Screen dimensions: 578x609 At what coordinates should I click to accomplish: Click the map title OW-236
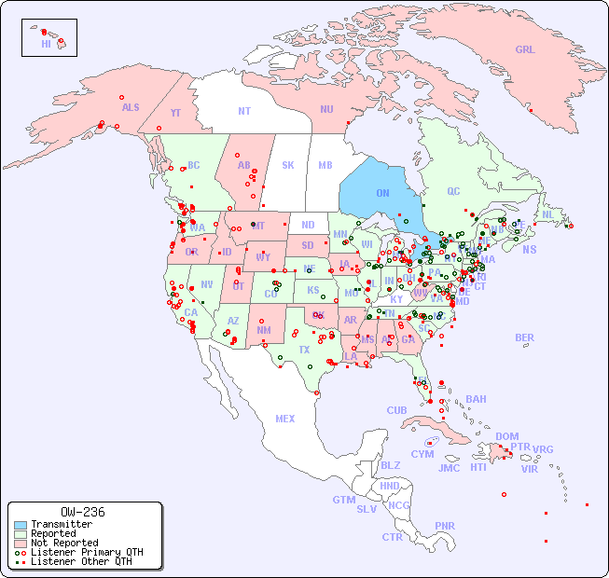click(x=83, y=512)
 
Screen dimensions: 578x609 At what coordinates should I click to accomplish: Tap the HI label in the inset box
click(x=46, y=44)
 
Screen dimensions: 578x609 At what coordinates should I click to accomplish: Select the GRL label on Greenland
click(x=525, y=50)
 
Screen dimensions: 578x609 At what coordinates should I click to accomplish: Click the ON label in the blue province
click(x=382, y=193)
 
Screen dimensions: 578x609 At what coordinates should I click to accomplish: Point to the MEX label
click(x=285, y=419)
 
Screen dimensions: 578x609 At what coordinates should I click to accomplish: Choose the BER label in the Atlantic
click(x=524, y=337)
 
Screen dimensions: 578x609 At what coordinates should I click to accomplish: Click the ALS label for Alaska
click(x=131, y=107)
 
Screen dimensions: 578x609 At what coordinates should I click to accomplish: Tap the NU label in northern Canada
click(x=326, y=109)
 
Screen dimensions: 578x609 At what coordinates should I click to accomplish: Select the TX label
click(x=304, y=350)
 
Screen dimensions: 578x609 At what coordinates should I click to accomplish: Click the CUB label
click(x=396, y=410)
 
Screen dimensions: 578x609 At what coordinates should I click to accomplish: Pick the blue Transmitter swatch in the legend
click(x=20, y=525)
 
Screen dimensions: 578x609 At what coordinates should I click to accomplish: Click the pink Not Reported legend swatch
click(x=20, y=543)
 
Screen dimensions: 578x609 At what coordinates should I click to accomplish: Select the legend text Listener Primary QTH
click(x=87, y=552)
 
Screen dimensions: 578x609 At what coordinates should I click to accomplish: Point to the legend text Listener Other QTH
click(x=81, y=561)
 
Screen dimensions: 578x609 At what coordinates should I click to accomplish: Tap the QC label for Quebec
click(x=453, y=191)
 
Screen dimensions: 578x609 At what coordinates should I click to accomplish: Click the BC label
click(x=194, y=165)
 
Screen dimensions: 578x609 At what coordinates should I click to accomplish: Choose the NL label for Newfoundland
click(x=548, y=213)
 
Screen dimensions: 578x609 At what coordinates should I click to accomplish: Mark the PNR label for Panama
click(x=445, y=526)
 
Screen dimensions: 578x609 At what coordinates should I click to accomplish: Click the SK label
click(x=288, y=165)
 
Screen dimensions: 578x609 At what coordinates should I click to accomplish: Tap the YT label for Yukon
click(x=175, y=113)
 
